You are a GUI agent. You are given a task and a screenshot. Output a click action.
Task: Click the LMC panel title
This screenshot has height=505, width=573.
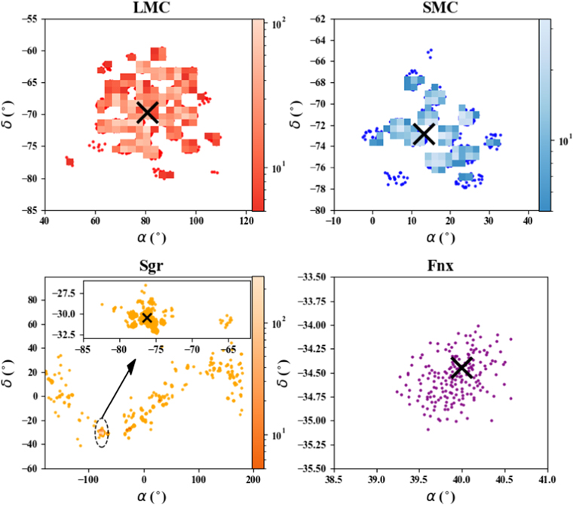[x=152, y=8]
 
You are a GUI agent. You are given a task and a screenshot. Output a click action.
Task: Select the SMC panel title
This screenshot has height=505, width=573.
[x=440, y=8]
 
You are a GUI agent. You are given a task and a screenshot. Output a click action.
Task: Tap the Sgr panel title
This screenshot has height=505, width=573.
[x=151, y=266]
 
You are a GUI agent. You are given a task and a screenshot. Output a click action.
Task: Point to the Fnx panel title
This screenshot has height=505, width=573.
[x=440, y=265]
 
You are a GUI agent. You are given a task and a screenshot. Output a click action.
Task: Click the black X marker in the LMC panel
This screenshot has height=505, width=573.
[x=147, y=112]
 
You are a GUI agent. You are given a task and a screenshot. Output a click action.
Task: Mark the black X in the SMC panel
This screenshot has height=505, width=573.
[x=424, y=133]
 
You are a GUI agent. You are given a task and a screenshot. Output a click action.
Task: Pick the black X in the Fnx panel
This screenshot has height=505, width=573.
[x=461, y=367]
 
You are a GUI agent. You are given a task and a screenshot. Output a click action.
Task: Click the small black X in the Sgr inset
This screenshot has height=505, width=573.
[x=147, y=317]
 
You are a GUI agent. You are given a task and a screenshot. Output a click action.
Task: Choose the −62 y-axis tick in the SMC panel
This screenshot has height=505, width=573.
[x=318, y=19]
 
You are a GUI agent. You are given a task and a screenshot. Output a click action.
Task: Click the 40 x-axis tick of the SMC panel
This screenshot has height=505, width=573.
[x=528, y=221]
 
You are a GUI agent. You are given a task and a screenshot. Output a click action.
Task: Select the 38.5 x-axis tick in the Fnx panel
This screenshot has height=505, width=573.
[x=334, y=479]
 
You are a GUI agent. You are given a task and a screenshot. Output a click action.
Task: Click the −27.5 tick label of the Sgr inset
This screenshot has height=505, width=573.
[x=64, y=293]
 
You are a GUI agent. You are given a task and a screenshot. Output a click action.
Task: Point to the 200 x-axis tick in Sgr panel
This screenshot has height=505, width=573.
[x=253, y=479]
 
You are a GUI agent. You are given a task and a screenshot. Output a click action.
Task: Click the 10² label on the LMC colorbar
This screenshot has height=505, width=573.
[x=279, y=24]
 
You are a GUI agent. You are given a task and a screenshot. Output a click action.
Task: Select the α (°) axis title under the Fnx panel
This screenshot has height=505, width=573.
[x=440, y=497]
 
